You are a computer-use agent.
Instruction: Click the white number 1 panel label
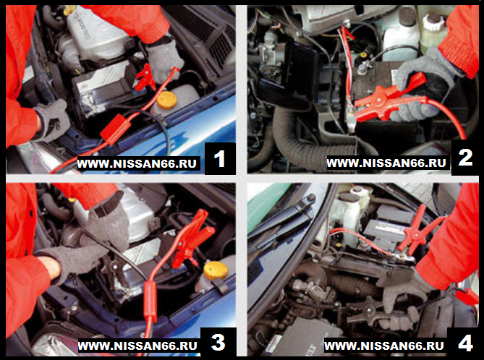coord(219,159)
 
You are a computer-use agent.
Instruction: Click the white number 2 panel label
coord(465,158)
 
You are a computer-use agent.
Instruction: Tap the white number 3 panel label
coord(218,342)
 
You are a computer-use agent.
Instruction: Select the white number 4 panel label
coord(465,343)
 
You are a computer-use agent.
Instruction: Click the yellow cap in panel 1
coord(167,100)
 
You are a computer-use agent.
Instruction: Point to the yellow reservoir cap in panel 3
coord(216,270)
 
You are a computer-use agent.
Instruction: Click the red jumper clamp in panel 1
coord(145,78)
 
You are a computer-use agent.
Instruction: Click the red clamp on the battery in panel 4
coord(417,230)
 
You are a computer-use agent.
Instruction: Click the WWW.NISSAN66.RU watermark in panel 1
coord(137,163)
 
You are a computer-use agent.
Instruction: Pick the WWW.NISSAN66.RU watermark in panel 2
coord(386,163)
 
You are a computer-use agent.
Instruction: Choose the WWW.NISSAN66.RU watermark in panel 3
coord(137,346)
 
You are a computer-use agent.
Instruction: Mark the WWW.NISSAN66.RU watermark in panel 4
coord(384,346)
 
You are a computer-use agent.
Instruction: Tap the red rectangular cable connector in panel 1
coord(116,127)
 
